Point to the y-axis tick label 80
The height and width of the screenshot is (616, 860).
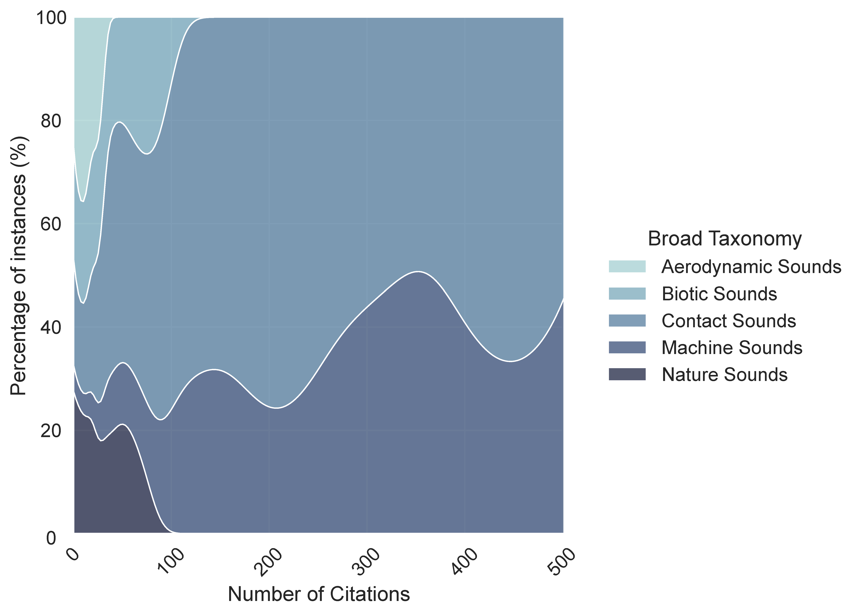[x=51, y=121]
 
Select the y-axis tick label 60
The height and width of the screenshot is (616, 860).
[x=51, y=225]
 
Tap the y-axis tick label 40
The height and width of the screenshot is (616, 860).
[x=51, y=328]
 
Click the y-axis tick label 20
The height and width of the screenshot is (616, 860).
[x=51, y=431]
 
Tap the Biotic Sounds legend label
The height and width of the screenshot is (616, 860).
[x=719, y=294]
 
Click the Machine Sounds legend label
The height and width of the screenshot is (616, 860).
[x=731, y=347]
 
